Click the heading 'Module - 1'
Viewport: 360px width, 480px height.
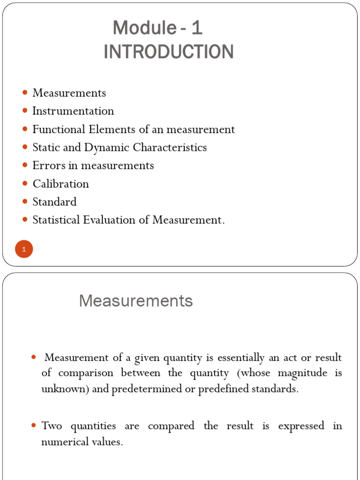[157, 29]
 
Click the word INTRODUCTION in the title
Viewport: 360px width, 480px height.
[168, 52]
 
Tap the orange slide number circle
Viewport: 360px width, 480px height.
[23, 249]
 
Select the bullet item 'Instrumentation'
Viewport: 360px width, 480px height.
[73, 111]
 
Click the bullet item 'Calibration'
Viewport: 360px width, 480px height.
[60, 184]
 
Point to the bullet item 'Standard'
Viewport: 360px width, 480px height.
[54, 202]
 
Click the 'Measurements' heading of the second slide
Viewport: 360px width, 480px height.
[136, 301]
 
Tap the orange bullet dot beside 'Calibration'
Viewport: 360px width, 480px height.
[25, 184]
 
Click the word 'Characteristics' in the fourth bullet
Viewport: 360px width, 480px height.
[170, 147]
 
